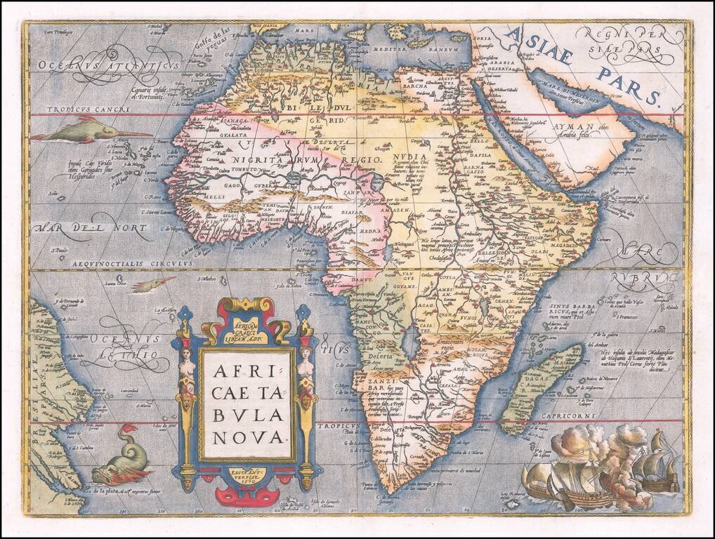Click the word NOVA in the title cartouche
click(247, 437)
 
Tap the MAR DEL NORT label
click(91, 228)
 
